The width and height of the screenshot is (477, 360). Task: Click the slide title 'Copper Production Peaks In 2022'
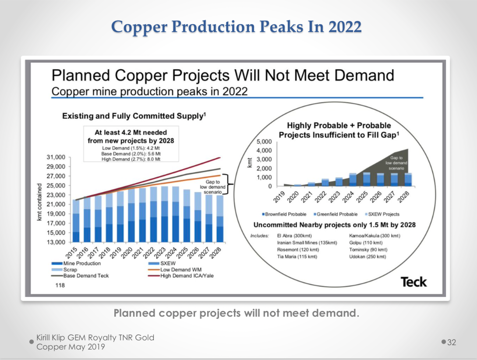237,27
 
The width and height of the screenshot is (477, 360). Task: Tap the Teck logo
413,282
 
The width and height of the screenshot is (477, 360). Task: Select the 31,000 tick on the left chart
56,157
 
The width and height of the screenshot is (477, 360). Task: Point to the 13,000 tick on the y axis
56,242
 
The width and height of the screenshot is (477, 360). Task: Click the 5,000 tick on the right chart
264,142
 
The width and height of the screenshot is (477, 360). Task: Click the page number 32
451,342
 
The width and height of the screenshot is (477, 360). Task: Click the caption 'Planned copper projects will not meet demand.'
236,314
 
